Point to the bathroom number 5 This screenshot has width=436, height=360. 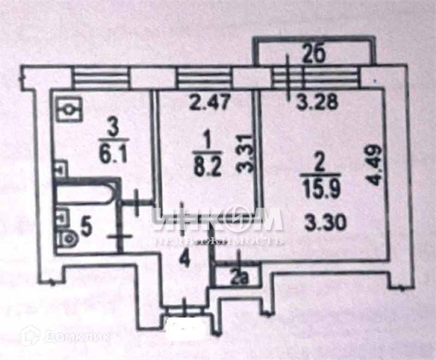[x=85, y=225]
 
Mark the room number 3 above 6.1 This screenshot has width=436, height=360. [x=113, y=128]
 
